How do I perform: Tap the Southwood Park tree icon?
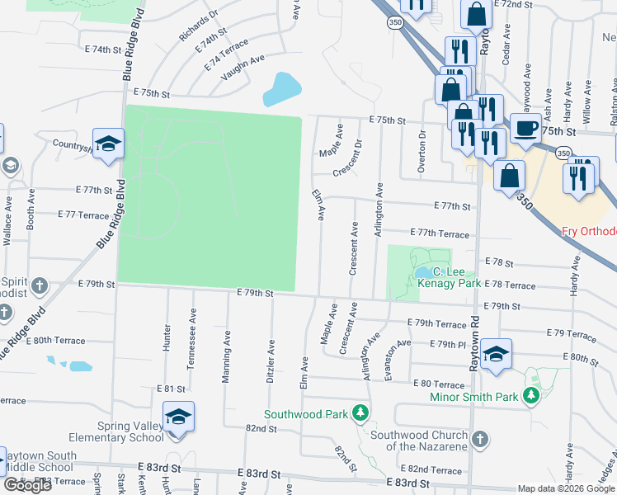(360, 412)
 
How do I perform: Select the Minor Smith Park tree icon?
(532, 397)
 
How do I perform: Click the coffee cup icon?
(525, 129)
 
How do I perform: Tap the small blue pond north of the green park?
(281, 89)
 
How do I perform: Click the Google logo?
(27, 485)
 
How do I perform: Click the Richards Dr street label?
(199, 26)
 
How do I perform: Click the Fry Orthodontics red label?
(589, 231)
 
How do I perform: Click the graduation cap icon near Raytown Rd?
(495, 354)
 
